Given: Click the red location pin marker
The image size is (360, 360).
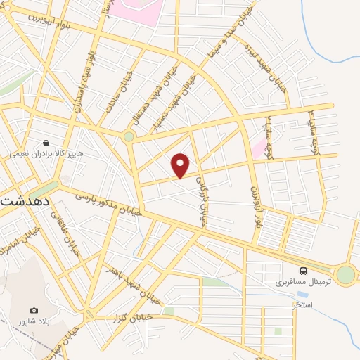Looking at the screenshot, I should coord(181,165).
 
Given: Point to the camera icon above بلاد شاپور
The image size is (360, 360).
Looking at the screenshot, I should coord(34,310).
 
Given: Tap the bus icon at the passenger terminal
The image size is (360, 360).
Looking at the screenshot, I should coord(303,271).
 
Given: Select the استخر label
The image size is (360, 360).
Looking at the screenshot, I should coord(302,305).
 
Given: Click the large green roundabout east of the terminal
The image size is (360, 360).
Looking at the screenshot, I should coord(345,274).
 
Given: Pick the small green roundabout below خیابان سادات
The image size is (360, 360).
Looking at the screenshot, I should coord(129,137).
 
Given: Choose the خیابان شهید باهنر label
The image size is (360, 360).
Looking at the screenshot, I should coord(127,278).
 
